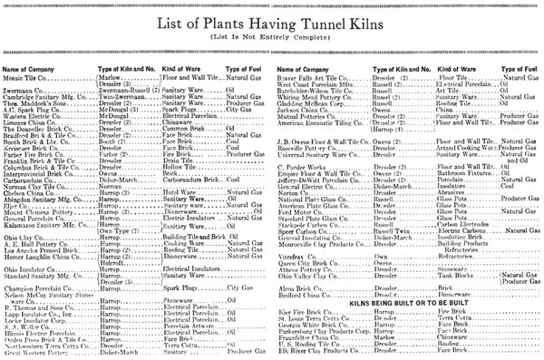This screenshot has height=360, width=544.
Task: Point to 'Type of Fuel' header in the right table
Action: click(512, 69)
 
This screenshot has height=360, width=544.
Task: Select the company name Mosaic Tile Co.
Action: click(27, 79)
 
